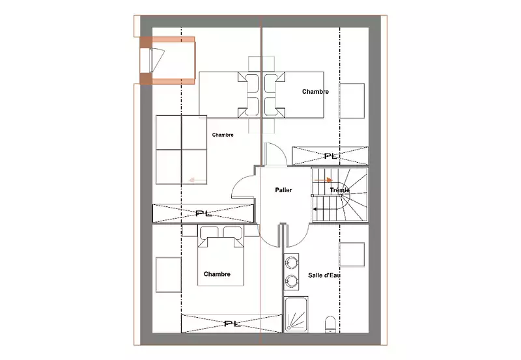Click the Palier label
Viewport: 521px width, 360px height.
(x=283, y=190)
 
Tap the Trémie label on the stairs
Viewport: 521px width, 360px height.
(x=339, y=190)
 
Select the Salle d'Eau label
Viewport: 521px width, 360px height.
(x=324, y=275)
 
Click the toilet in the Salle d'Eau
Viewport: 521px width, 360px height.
(x=330, y=324)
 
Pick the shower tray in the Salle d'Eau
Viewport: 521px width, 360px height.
(x=296, y=314)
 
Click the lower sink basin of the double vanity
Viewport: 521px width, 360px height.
(x=291, y=281)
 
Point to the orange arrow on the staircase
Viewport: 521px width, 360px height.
(x=323, y=180)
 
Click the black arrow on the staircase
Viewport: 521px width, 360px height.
(x=324, y=209)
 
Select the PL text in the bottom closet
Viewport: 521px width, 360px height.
(x=232, y=324)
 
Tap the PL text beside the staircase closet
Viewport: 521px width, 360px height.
(x=332, y=156)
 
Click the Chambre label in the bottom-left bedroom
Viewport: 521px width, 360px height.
(x=217, y=274)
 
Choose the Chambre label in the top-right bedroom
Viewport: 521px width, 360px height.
(x=315, y=92)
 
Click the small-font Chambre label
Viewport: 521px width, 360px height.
(x=223, y=135)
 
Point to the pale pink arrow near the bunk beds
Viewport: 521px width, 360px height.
(x=197, y=180)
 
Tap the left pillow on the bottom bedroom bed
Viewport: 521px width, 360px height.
(x=209, y=232)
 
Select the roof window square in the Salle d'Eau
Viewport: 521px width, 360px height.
(x=352, y=255)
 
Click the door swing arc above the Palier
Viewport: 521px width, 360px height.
(x=279, y=150)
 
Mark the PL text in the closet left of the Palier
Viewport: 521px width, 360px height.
(x=204, y=214)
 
